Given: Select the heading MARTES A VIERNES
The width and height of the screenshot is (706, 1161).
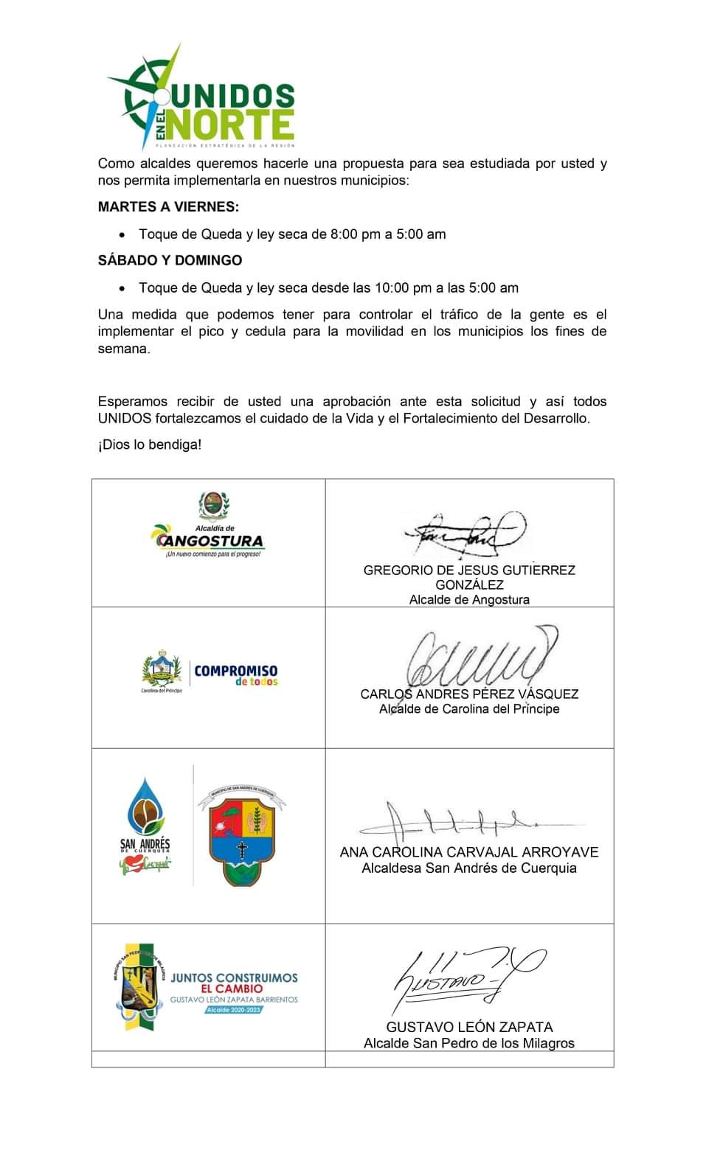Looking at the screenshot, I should [x=168, y=207].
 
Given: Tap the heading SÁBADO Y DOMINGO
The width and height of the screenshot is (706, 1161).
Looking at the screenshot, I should [x=170, y=260].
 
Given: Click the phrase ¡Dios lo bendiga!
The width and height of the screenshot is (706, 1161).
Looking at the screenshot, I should [x=150, y=444].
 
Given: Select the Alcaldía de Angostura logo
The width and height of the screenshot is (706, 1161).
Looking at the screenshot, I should [x=209, y=526].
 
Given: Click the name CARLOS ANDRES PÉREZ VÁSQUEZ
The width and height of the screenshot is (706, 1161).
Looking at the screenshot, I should [x=469, y=694].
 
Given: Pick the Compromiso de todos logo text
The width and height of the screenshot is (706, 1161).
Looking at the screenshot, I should [x=236, y=674].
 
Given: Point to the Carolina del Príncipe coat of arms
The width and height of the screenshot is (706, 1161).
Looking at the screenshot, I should [x=162, y=670].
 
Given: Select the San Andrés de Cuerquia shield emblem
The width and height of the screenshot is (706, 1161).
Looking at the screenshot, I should [x=241, y=835].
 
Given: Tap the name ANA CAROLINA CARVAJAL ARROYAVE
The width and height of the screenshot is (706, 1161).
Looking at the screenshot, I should [x=469, y=851].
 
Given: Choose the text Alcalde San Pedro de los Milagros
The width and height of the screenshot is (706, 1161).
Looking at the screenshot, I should [x=469, y=1043].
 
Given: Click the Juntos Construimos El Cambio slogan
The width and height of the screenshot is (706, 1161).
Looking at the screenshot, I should [x=234, y=983].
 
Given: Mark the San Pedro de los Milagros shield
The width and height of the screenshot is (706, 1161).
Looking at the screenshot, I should [x=138, y=986].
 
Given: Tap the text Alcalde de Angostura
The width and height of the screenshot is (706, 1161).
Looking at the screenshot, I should [x=469, y=600].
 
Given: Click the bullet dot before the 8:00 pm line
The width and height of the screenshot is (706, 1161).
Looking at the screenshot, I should [x=122, y=234].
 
